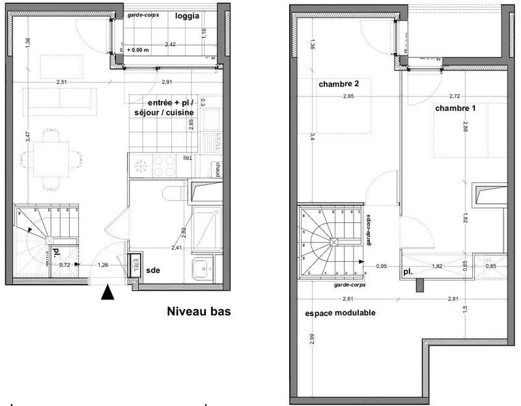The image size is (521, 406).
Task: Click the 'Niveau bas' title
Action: [199, 312]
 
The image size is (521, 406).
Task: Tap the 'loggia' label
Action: [188, 17]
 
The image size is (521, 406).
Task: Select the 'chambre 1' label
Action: [456, 108]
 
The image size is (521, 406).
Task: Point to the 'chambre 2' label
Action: [339, 84]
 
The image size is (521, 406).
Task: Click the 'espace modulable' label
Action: [340, 313]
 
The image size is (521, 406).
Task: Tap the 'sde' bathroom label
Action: [154, 269]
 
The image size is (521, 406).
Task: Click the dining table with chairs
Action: [51, 158]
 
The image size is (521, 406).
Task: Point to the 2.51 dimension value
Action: [63, 82]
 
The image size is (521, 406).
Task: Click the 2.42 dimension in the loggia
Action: [170, 44]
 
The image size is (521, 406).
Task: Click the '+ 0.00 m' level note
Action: [139, 50]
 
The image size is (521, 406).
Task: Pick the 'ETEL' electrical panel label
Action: [135, 265]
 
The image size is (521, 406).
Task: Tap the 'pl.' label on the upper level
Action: [408, 272]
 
